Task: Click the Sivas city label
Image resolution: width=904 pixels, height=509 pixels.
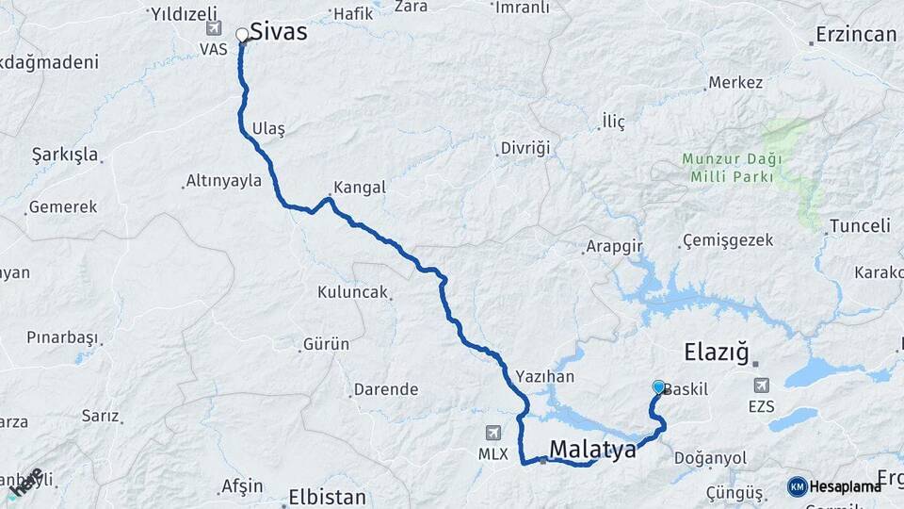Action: [x=278, y=32]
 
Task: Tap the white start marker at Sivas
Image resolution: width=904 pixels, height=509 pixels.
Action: [x=242, y=35]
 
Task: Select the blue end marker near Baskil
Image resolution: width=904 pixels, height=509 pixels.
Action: [x=658, y=386]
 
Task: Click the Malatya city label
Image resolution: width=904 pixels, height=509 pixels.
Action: [x=592, y=450]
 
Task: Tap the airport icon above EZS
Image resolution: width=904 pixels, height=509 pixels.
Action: [x=761, y=385]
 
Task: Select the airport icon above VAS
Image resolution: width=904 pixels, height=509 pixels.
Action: [x=214, y=29]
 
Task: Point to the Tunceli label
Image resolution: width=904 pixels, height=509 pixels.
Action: [x=859, y=226]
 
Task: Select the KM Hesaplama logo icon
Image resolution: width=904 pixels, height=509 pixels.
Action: [x=798, y=486]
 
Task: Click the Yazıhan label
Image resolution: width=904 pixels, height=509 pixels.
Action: [x=544, y=373]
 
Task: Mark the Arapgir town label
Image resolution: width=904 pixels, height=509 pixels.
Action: [x=613, y=246]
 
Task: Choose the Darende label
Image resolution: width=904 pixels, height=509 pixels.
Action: [x=385, y=388]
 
